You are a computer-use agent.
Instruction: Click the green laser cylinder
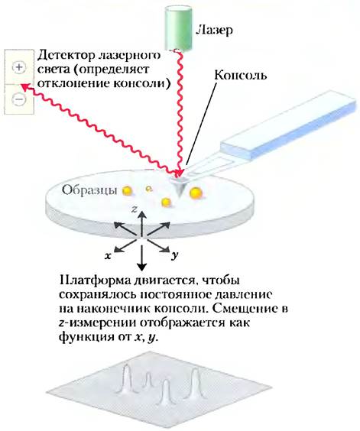click(x=178, y=28)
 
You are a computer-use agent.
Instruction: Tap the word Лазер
click(x=214, y=30)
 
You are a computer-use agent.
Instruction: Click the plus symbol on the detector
click(x=19, y=67)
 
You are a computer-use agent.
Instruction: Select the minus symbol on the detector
click(x=19, y=99)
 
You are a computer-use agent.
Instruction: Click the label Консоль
click(x=240, y=75)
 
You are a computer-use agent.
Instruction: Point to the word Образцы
click(x=89, y=190)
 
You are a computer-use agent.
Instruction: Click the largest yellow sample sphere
click(x=196, y=193)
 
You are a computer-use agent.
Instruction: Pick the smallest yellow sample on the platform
click(x=149, y=188)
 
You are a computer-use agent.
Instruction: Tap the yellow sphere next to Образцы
click(x=128, y=190)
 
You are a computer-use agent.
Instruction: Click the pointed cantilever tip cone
click(x=179, y=187)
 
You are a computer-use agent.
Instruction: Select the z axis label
click(x=135, y=209)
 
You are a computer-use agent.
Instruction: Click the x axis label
click(x=108, y=256)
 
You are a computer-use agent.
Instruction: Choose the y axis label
click(x=174, y=256)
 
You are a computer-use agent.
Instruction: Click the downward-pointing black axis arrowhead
click(x=141, y=265)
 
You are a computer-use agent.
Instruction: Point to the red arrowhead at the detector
click(x=24, y=87)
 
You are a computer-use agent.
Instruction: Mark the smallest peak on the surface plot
click(x=148, y=380)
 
